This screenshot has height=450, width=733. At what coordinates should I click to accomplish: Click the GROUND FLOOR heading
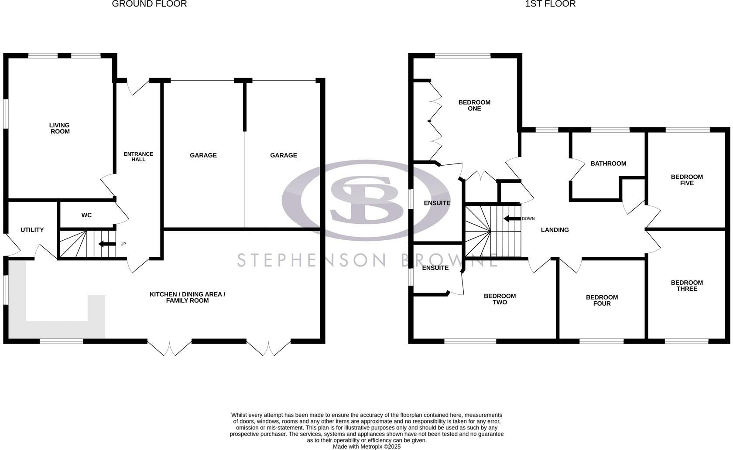(149, 4)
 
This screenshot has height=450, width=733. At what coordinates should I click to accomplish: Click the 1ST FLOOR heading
(550, 4)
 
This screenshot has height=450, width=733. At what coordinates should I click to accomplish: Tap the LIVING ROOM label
(60, 128)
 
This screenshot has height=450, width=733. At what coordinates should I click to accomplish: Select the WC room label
(86, 215)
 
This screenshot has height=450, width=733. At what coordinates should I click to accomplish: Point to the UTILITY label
(32, 230)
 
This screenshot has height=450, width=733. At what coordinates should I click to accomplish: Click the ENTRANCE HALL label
(138, 157)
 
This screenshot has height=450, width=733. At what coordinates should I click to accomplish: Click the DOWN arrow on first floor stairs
(511, 218)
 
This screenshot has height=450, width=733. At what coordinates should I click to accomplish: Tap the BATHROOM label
(608, 164)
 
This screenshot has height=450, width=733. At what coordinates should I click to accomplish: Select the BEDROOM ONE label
(474, 105)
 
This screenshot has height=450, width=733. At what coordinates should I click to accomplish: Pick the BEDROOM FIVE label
(687, 180)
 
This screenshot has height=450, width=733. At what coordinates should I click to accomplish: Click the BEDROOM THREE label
(687, 286)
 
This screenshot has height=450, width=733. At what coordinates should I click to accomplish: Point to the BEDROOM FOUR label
(602, 300)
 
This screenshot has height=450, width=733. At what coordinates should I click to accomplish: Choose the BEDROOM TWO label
(500, 299)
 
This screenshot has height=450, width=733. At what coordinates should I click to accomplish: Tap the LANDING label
(555, 230)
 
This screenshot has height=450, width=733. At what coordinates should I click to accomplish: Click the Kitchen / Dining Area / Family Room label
(187, 297)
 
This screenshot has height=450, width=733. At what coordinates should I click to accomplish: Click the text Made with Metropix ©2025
(366, 447)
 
